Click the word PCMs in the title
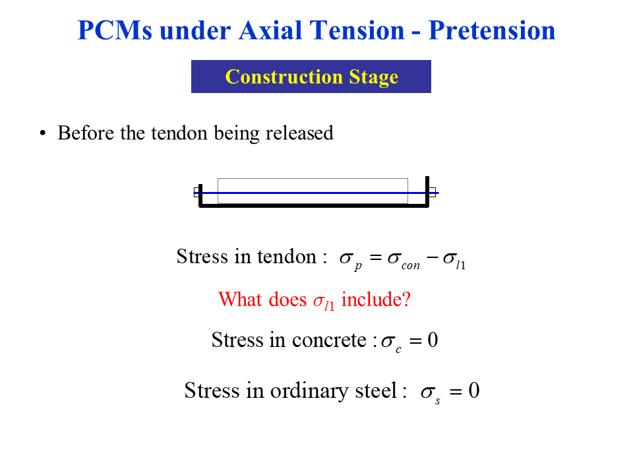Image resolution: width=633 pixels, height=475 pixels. point(115,30)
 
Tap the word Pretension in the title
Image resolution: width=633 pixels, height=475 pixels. point(492,30)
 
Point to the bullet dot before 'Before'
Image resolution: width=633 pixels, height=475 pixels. point(43,133)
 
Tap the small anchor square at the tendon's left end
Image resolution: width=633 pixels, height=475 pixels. point(196,192)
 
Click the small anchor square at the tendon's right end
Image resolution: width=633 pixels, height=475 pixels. point(433,192)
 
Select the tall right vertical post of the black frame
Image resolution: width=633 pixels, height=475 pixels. point(427,191)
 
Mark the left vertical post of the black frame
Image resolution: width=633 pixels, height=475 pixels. point(200,195)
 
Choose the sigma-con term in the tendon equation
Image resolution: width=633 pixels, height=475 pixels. point(404,259)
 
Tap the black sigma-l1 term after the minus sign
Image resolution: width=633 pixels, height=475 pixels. point(454,259)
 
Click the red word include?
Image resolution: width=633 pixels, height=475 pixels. point(376,300)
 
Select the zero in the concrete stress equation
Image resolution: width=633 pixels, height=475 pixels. point(433,340)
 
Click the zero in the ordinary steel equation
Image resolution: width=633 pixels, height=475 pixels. point(474,390)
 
